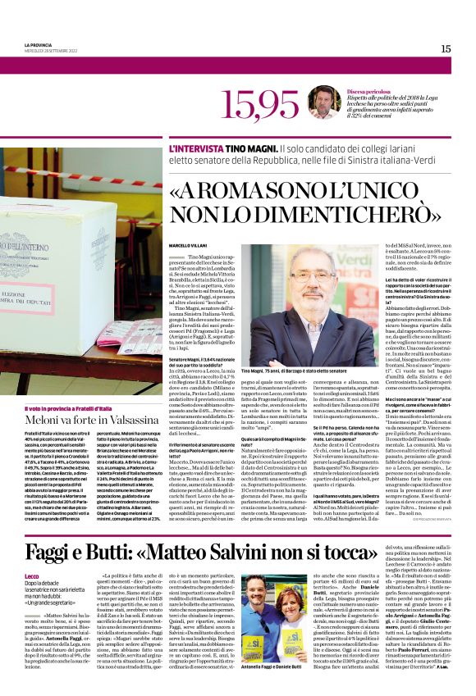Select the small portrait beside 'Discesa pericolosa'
pos(324,102)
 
